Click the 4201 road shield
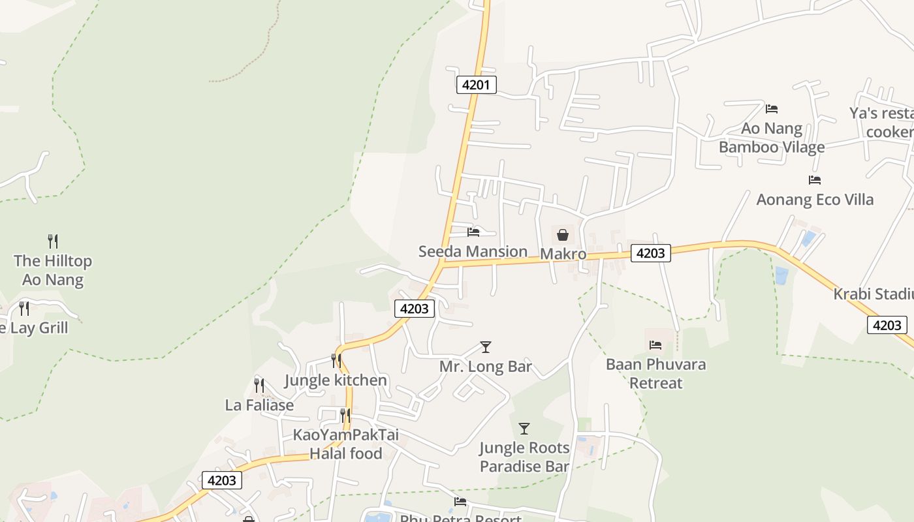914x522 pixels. [476, 84]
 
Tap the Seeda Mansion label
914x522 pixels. [473, 251]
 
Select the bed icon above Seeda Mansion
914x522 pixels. [473, 232]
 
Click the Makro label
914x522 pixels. [563, 254]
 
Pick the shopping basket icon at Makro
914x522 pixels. [563, 235]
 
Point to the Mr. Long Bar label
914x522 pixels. [485, 367]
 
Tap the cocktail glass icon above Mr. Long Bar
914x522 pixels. [485, 347]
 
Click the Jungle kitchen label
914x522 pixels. [336, 380]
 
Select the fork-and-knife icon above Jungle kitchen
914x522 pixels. [336, 361]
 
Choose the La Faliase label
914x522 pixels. [259, 405]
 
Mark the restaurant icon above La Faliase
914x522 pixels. [259, 386]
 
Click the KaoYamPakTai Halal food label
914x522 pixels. [345, 444]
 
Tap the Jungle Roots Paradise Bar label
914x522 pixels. [524, 457]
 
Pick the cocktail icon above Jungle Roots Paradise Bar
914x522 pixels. [524, 429]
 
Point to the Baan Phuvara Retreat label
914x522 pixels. [655, 373]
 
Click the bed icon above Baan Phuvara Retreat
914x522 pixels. [655, 345]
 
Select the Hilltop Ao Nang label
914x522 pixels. [53, 270]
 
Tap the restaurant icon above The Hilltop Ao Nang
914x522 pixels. [53, 241]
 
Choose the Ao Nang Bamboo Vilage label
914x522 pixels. [772, 138]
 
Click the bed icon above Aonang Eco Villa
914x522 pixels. [814, 180]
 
